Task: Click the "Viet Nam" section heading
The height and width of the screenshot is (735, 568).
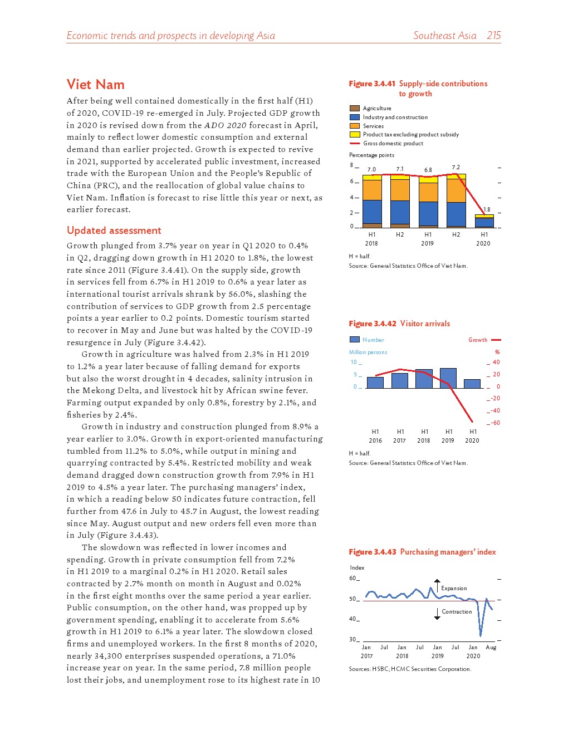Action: click(95, 85)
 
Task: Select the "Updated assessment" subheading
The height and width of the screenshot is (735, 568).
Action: click(114, 231)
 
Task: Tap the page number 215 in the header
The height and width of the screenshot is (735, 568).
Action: click(493, 36)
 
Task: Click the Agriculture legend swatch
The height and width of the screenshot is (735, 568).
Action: click(354, 109)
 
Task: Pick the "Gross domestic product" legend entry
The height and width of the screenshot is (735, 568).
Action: click(393, 144)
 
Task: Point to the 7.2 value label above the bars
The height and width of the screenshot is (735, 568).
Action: click(456, 167)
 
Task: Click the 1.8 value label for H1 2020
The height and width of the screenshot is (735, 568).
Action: click(487, 210)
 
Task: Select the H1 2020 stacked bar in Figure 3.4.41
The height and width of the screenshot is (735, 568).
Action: click(484, 222)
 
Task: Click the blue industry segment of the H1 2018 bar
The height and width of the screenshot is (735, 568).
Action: click(372, 212)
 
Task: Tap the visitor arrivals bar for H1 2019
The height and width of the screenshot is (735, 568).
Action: click(448, 378)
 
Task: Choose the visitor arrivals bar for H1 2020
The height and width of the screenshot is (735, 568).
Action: click(472, 384)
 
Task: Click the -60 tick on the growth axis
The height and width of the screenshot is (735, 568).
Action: click(494, 423)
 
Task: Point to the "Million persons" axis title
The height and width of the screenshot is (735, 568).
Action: click(368, 352)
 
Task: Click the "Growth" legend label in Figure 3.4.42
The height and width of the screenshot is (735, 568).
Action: click(477, 340)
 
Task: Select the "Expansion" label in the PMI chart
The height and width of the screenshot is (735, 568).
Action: click(454, 589)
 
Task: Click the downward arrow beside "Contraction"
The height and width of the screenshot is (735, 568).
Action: click(437, 614)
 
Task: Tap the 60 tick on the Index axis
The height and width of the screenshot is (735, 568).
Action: click(352, 579)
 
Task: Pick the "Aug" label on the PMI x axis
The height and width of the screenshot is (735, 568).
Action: click(491, 648)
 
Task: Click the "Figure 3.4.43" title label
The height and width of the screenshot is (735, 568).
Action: click(372, 552)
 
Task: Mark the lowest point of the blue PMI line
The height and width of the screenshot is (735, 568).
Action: click(481, 635)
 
